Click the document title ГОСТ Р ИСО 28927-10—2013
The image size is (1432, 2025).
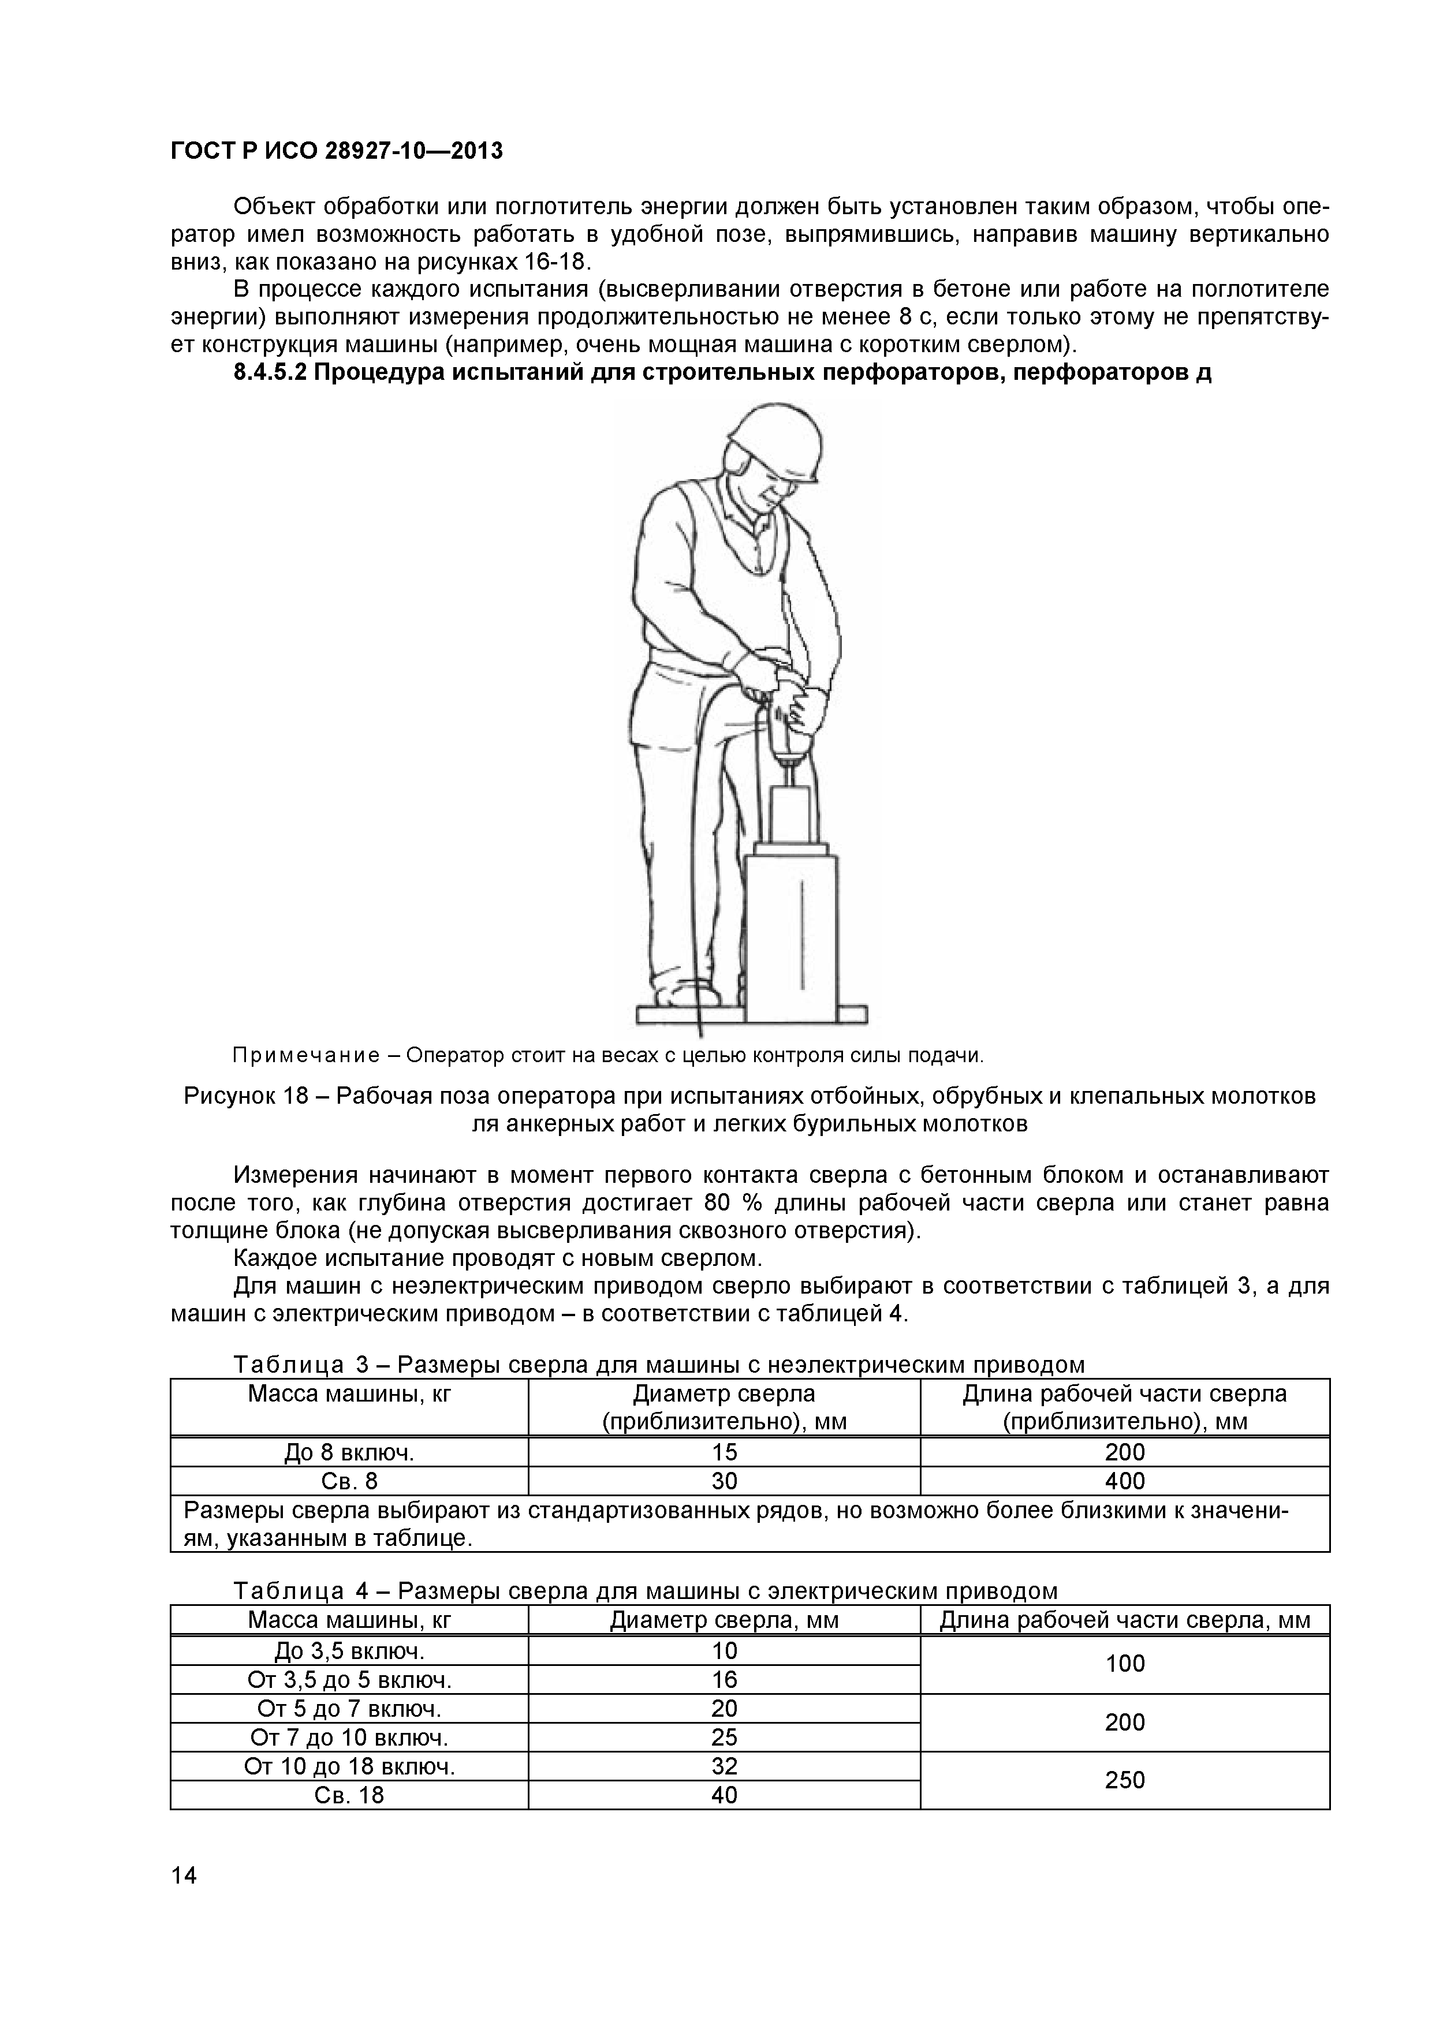coord(336,151)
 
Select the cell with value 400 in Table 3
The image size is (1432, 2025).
coord(1124,1481)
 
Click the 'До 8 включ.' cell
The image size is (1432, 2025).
coord(349,1452)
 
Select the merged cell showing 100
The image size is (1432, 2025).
coord(1124,1664)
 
